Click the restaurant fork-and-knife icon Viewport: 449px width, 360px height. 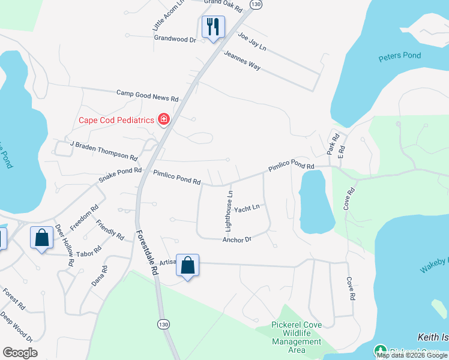point(213,27)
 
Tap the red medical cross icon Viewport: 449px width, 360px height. point(163,120)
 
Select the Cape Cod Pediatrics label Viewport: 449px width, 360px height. point(116,120)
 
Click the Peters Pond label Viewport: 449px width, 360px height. point(400,56)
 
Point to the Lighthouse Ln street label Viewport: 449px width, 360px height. point(229,211)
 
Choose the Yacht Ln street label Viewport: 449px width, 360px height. point(247,208)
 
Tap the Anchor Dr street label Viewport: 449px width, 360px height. point(237,239)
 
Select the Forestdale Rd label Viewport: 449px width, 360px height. point(146,253)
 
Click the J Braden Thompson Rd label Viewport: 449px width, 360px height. point(103,150)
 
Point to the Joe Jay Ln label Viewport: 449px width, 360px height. point(251,40)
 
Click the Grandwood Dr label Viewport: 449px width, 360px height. point(175,39)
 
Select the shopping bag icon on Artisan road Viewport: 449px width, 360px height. point(188,266)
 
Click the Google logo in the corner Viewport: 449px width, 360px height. point(20,353)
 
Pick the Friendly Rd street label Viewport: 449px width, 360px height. point(110,229)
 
